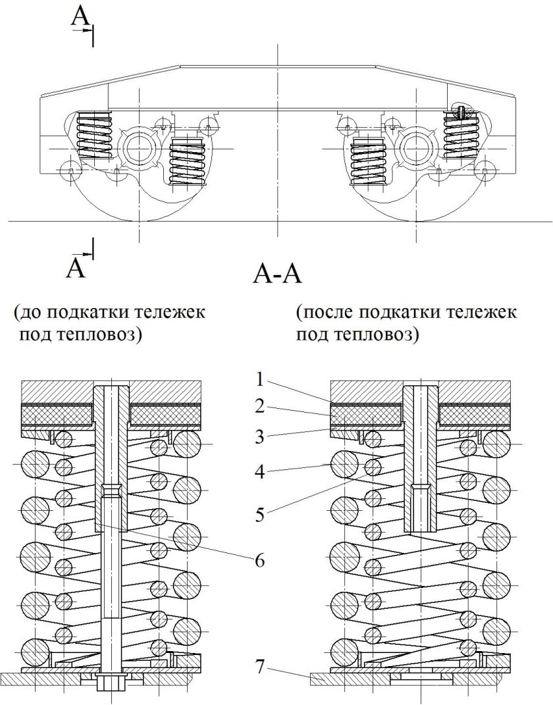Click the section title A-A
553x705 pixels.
276,273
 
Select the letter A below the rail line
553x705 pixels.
77,268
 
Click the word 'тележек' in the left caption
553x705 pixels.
172,311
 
